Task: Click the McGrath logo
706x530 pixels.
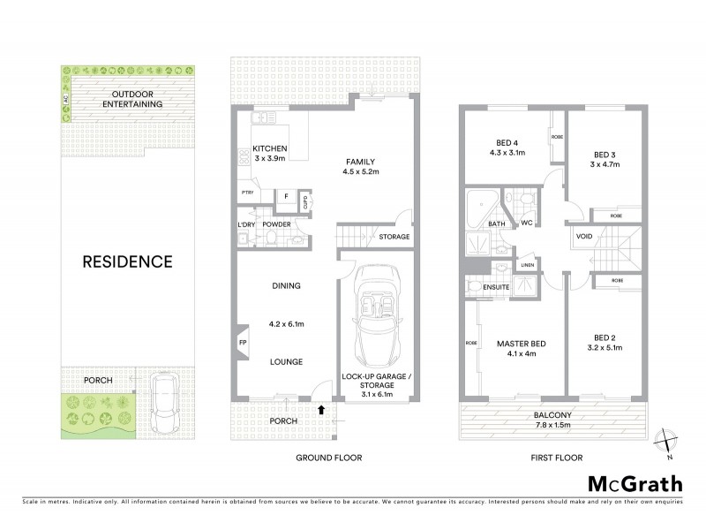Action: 635,483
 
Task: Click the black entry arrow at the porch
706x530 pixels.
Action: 321,409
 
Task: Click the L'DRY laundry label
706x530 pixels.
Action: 246,224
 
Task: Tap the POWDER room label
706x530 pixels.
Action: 276,224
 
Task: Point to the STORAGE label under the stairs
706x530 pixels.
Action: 394,238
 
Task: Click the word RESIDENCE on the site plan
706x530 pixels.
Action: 127,261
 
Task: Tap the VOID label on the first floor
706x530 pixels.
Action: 583,237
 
